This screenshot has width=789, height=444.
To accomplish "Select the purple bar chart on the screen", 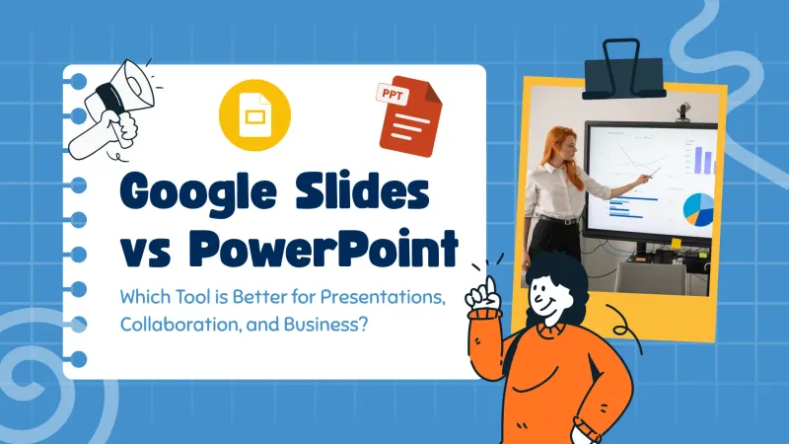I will [x=702, y=159].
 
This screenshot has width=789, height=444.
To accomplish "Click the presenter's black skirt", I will [x=545, y=237].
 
